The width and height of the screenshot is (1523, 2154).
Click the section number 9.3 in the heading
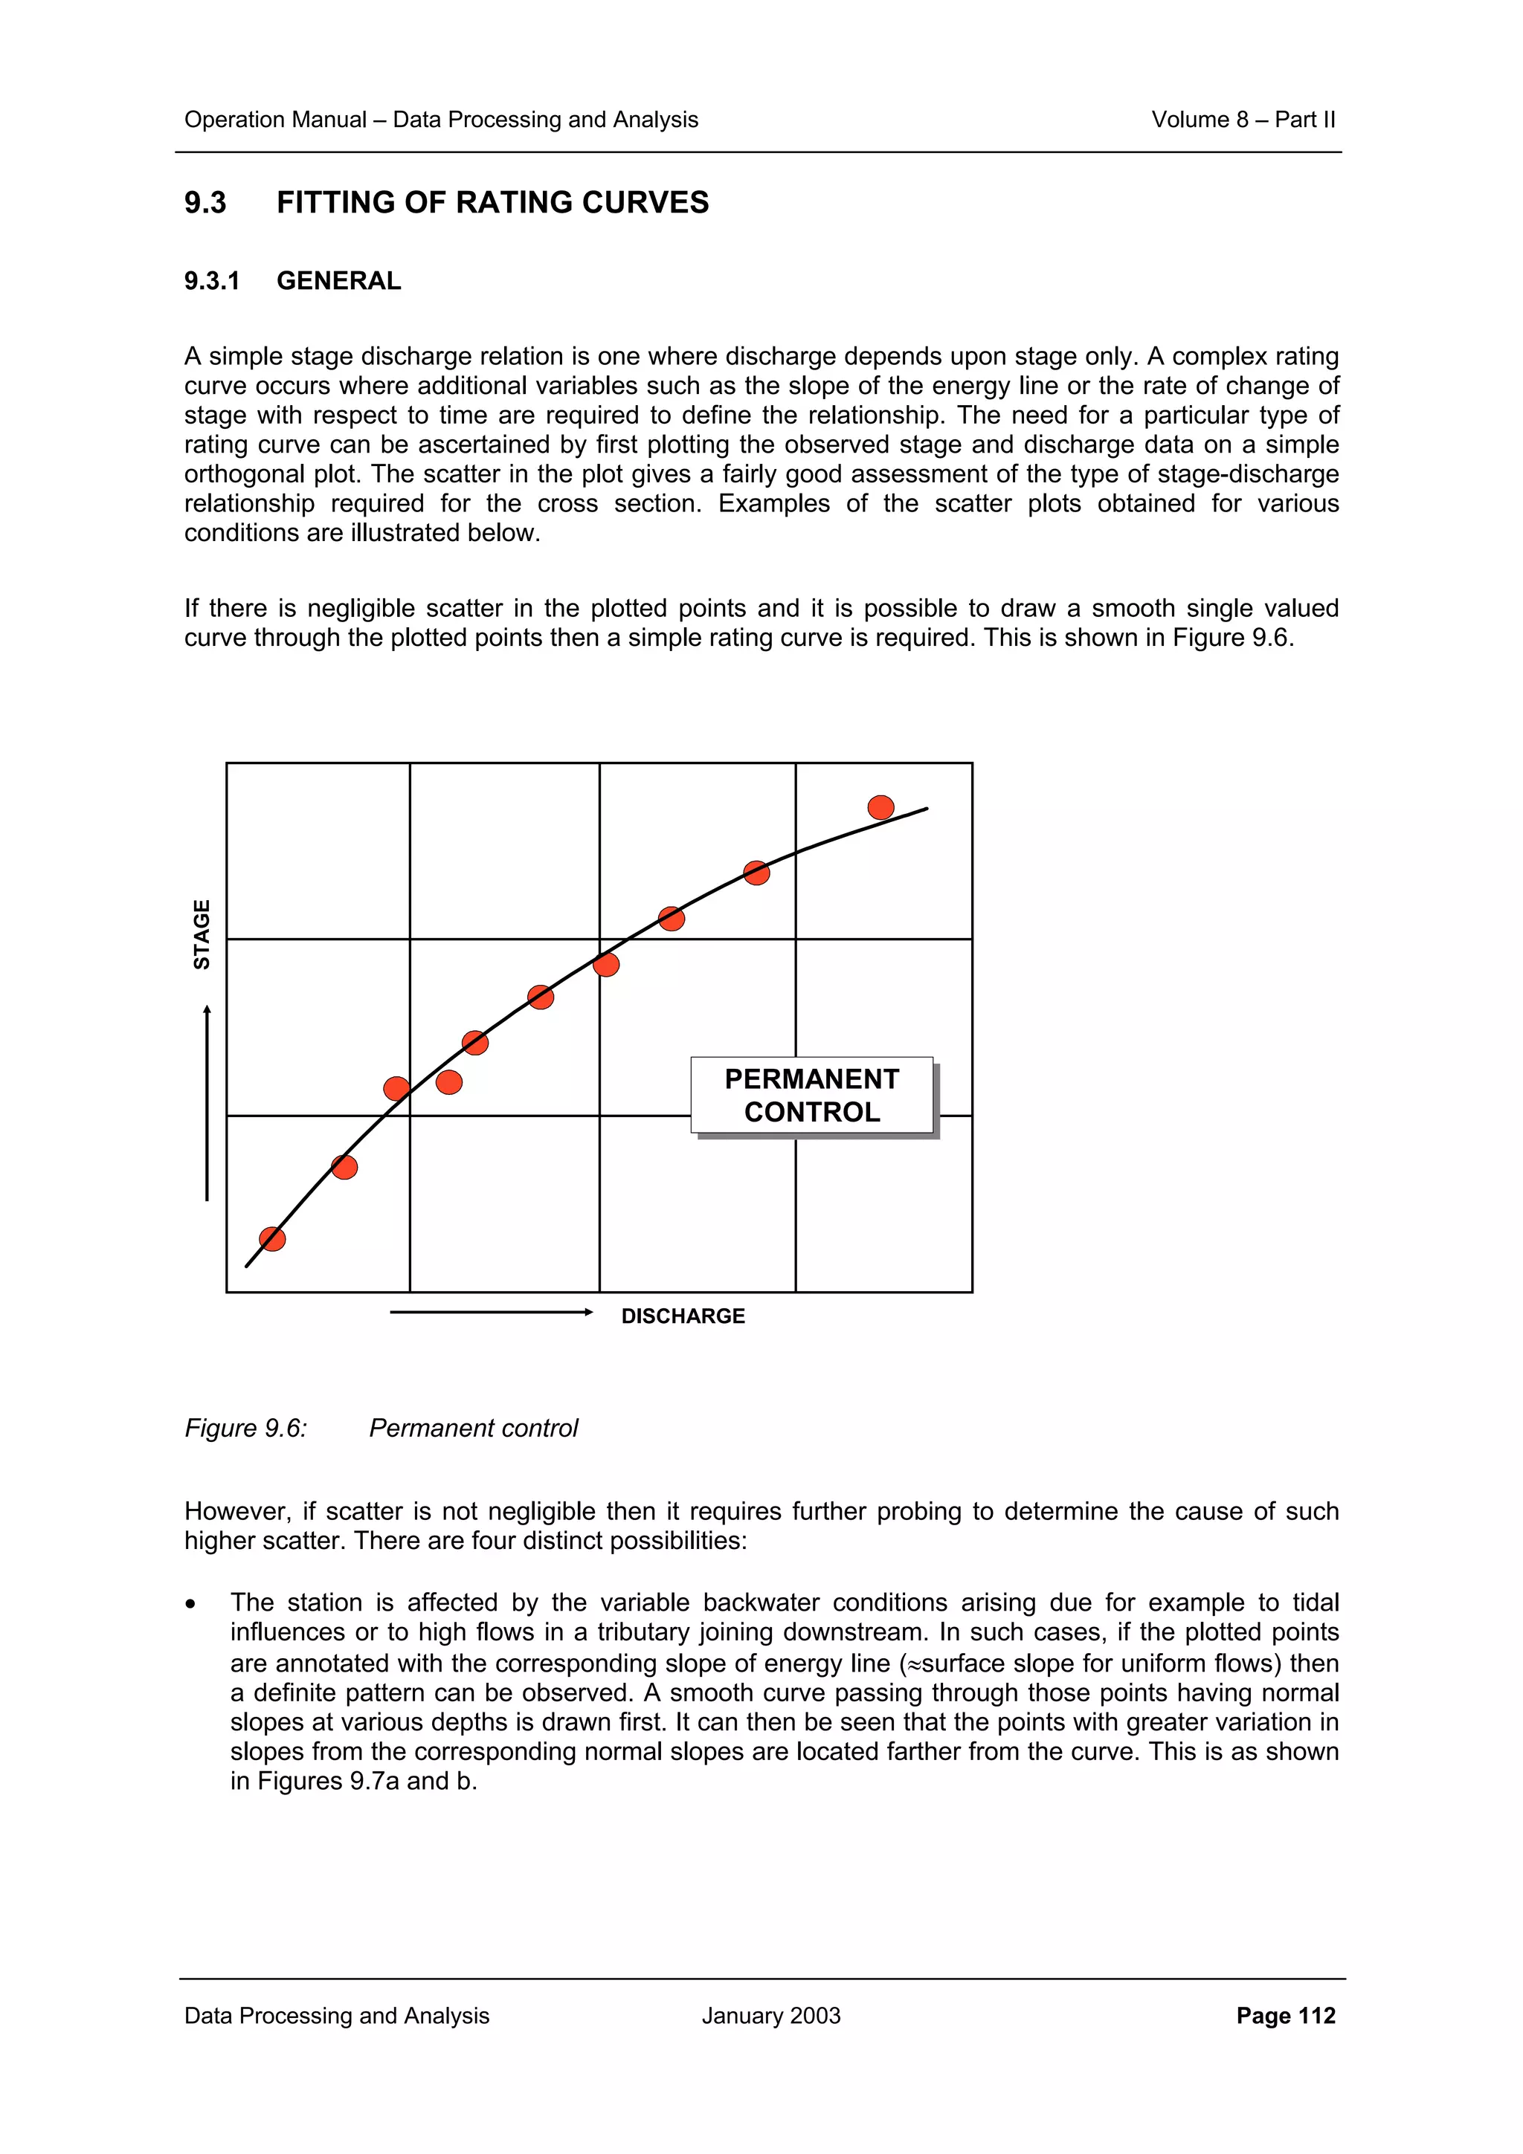coord(205,203)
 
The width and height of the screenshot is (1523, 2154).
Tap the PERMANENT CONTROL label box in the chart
coord(812,1095)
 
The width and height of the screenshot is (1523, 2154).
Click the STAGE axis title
coord(202,934)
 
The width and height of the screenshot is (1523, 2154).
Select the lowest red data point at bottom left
coord(272,1238)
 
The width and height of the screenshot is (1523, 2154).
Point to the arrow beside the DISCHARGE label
coord(491,1312)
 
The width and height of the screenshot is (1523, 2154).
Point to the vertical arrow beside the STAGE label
coord(207,1102)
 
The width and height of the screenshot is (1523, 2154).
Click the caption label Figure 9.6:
coord(246,1428)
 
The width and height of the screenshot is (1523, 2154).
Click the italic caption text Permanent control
coord(473,1428)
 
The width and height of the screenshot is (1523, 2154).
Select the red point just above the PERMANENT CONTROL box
coord(606,965)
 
